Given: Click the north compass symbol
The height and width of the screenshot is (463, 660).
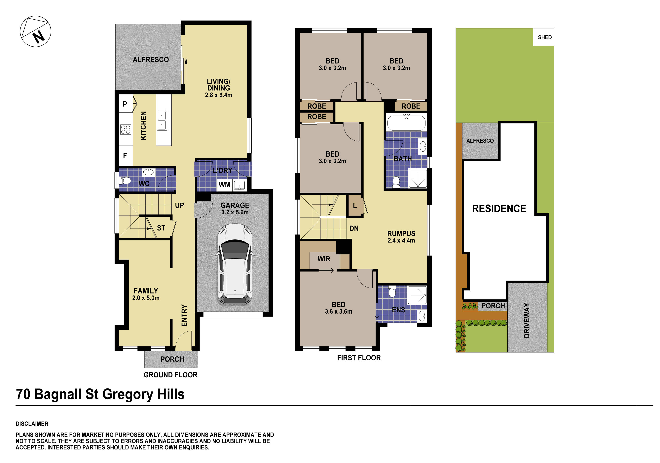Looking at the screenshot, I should pyautogui.click(x=35, y=31).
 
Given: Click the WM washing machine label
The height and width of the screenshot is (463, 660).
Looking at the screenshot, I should pyautogui.click(x=225, y=185).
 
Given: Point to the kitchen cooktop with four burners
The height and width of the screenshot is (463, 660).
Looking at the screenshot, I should pyautogui.click(x=126, y=129).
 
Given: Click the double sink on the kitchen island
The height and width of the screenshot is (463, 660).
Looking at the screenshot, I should pyautogui.click(x=162, y=120).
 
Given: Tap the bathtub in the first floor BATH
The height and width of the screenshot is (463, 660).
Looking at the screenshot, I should pyautogui.click(x=406, y=123).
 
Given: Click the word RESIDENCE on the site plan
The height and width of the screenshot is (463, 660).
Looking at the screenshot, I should pyautogui.click(x=499, y=208).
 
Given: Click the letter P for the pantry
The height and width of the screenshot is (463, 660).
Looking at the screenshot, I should pyautogui.click(x=125, y=104).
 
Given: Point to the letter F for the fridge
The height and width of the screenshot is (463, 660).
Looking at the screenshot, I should pyautogui.click(x=125, y=156).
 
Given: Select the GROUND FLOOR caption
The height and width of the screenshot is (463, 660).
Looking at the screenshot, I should pyautogui.click(x=170, y=375).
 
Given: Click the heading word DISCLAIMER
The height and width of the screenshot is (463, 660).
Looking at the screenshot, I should pyautogui.click(x=32, y=424).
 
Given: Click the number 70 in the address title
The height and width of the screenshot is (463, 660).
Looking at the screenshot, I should pyautogui.click(x=23, y=394).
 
